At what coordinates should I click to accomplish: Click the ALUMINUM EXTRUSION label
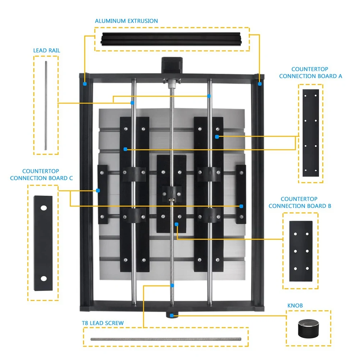pos(126,21)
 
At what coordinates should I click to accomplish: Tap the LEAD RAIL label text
pos(47,50)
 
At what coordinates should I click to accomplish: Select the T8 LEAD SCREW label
pos(103,323)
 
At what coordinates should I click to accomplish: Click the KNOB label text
pos(295,306)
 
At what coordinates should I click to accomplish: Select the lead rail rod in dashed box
pos(46,106)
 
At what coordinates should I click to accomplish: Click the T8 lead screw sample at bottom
pos(165,339)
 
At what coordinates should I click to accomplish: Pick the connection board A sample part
pos(311,133)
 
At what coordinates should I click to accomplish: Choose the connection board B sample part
pos(301,251)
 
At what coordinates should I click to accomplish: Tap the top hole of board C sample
pos(44,208)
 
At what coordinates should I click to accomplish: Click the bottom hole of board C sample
pos(44,278)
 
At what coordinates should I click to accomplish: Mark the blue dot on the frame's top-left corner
pos(85,84)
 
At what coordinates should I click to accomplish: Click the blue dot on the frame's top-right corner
pos(259,84)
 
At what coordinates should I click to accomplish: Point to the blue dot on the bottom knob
pos(172,315)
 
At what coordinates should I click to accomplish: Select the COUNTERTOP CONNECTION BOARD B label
pos(300,202)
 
